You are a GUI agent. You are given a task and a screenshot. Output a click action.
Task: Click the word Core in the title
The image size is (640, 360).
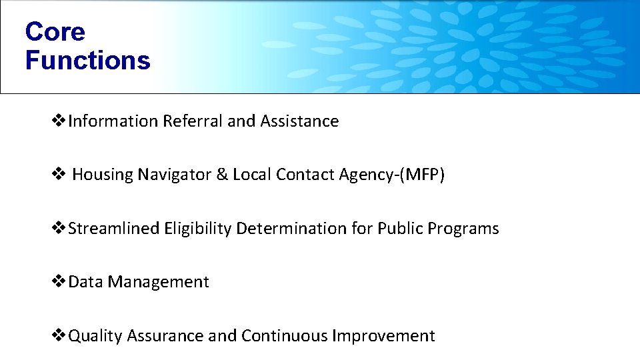[55, 31]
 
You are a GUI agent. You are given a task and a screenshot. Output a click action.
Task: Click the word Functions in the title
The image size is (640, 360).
[87, 60]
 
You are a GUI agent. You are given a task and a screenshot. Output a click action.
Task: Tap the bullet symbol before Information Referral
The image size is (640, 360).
[59, 121]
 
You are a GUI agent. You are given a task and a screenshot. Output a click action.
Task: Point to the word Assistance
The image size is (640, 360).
[299, 121]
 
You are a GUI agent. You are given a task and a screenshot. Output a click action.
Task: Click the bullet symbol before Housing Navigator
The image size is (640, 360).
[59, 175]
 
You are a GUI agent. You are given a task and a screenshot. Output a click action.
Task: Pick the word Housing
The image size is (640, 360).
[102, 175]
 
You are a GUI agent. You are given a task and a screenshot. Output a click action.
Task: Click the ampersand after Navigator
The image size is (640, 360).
[222, 175]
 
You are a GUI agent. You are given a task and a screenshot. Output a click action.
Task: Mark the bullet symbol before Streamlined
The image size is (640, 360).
[59, 229]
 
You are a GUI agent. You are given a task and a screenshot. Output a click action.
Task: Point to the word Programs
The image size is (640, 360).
[463, 229]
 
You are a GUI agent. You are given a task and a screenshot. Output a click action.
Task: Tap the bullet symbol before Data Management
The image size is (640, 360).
[59, 282]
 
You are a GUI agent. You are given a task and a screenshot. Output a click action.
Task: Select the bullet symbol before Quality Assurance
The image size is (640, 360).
[59, 336]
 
